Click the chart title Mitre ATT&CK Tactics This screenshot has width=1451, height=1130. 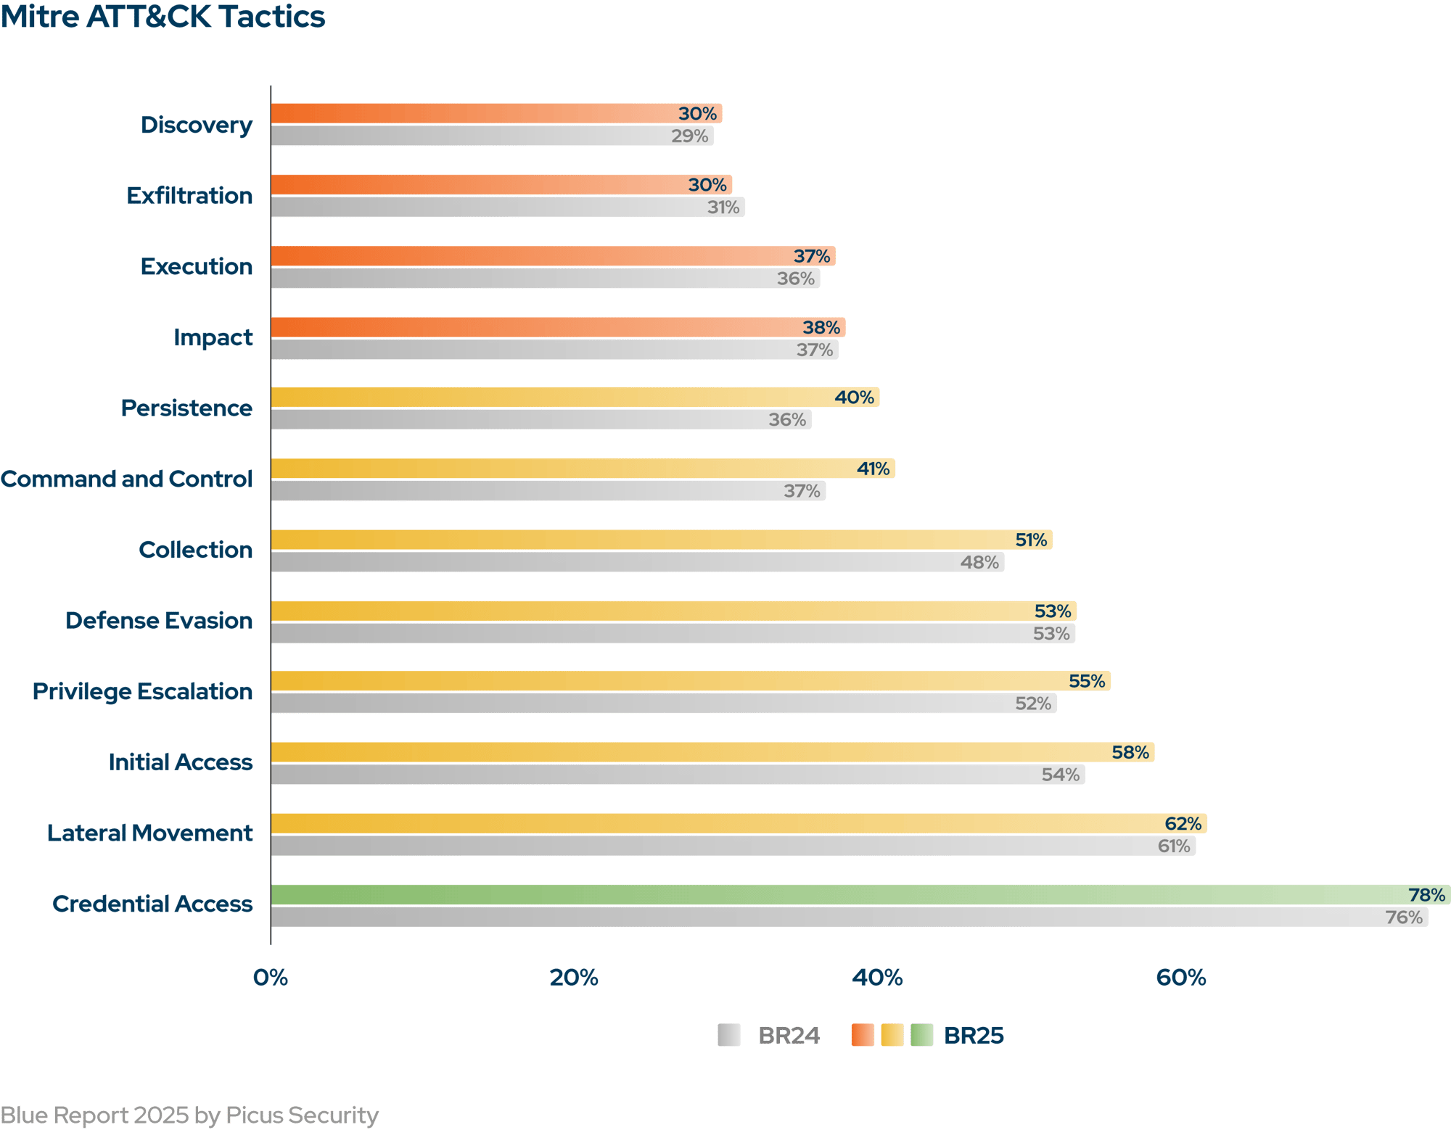click(163, 17)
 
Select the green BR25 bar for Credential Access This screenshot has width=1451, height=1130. click(834, 894)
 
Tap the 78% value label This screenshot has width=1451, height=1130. click(1426, 895)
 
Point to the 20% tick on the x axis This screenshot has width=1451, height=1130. click(573, 978)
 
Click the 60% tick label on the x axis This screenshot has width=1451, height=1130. click(1180, 978)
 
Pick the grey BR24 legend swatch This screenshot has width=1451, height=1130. click(728, 1035)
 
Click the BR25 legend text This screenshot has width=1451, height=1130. click(974, 1035)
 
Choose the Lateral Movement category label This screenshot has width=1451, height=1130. click(150, 833)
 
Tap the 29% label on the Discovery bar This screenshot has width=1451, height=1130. click(689, 136)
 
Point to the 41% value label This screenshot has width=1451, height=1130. click(873, 469)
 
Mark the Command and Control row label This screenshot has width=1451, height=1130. click(127, 479)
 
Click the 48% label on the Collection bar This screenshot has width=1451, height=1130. click(979, 562)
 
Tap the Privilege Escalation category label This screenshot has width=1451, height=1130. click(142, 691)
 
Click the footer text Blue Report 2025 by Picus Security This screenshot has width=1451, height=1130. click(189, 1115)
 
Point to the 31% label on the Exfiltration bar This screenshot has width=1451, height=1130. click(723, 207)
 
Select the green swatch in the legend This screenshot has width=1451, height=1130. click(921, 1035)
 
